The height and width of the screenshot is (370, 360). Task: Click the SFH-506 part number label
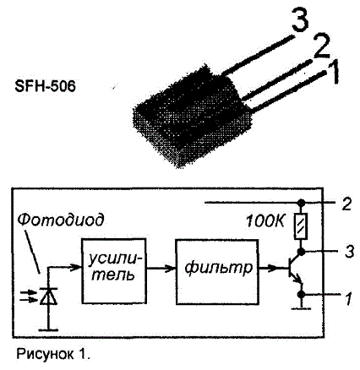[45, 86]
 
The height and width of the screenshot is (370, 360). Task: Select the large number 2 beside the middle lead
[321, 46]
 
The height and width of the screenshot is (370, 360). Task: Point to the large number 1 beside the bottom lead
[334, 73]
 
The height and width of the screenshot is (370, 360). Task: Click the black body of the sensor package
[192, 116]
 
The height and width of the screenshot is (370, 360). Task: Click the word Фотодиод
[60, 219]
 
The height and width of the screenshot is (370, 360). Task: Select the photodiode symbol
[48, 297]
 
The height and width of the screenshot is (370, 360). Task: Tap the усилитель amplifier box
[114, 271]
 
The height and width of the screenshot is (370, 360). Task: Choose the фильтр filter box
[217, 272]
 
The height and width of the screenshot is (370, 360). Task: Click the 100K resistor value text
[265, 221]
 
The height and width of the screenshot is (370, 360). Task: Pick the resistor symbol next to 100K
[301, 226]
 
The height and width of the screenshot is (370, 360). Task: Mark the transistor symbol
[295, 268]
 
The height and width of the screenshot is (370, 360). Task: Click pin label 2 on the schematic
[346, 204]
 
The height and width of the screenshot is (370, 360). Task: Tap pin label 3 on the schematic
[349, 251]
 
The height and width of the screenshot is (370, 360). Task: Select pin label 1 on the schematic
[349, 298]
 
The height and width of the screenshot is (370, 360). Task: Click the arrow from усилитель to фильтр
[161, 268]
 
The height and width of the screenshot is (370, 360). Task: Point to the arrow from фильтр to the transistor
[273, 268]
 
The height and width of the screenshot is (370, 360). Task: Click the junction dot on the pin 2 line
[301, 202]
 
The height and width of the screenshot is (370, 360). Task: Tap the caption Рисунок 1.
[53, 354]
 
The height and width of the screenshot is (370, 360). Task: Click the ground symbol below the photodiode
[48, 329]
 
